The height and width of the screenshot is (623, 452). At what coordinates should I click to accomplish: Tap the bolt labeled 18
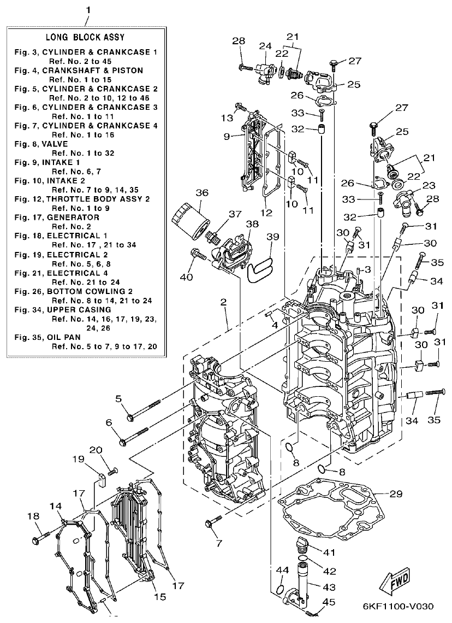[44, 538]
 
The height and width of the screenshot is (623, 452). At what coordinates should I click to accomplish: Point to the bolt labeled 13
[240, 108]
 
